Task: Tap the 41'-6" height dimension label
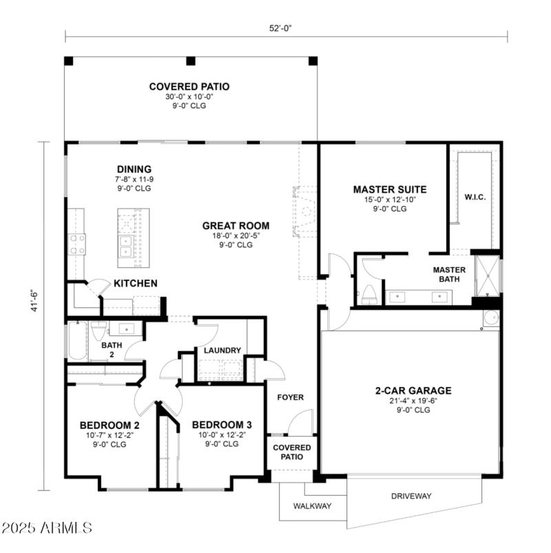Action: [x=33, y=305]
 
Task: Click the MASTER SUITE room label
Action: [x=389, y=189]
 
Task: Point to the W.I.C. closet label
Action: [x=475, y=198]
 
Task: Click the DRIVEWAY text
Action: [x=411, y=496]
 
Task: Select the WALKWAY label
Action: [x=312, y=506]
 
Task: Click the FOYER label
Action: [x=290, y=397]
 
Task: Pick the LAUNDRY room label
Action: [x=222, y=351]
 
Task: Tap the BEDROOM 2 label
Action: [x=110, y=425]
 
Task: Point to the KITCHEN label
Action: [x=136, y=283]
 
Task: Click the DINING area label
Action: [x=134, y=169]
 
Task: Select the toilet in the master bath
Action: [x=369, y=294]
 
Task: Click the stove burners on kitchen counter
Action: [x=76, y=244]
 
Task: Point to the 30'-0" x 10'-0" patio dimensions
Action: [x=189, y=97]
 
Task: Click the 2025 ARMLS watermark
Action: [x=47, y=528]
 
